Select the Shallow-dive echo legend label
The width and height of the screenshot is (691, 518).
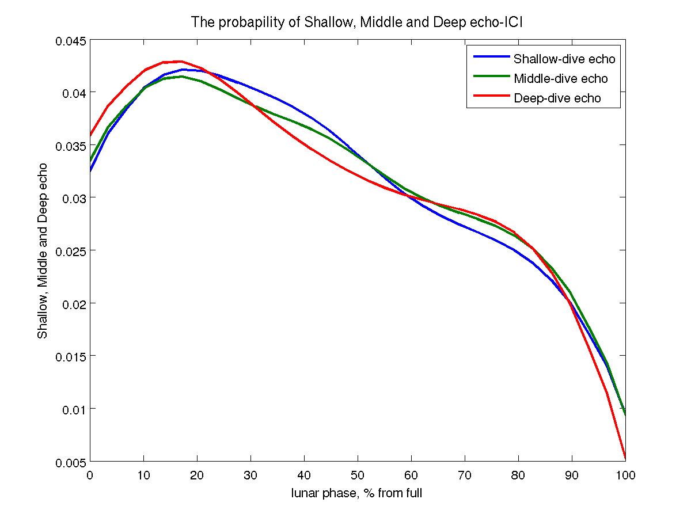click(x=564, y=59)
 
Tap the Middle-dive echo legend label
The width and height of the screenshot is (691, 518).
click(x=560, y=78)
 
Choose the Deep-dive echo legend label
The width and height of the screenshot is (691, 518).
click(x=557, y=98)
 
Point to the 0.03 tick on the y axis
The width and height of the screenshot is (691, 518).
click(x=74, y=198)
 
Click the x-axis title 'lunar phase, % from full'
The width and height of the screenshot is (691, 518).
click(x=357, y=493)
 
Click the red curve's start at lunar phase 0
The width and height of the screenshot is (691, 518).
click(x=90, y=135)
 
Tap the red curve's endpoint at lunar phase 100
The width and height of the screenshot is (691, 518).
click(x=625, y=458)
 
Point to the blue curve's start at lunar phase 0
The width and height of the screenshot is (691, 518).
click(x=90, y=170)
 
